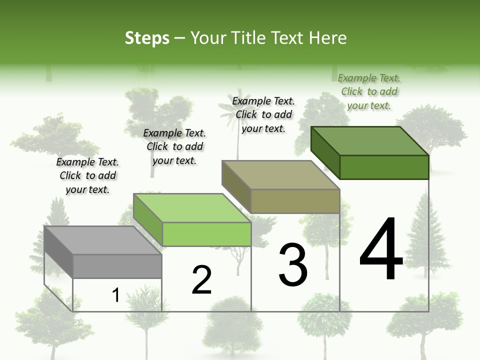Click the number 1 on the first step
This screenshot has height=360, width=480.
[x=116, y=295]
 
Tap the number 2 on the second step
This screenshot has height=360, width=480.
[x=201, y=280]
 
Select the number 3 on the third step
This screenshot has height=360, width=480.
[x=293, y=265]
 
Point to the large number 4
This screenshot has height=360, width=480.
[x=381, y=249]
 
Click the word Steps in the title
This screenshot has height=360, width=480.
[x=147, y=38]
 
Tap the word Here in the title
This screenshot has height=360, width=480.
[x=328, y=38]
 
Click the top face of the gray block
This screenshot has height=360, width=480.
[x=102, y=240]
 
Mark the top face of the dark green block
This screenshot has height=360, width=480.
[x=370, y=141]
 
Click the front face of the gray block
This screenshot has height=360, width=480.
[x=117, y=266]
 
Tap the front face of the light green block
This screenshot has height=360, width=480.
[x=206, y=234]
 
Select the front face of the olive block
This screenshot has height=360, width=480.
[x=295, y=201]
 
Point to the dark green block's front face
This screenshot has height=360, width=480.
[x=384, y=167]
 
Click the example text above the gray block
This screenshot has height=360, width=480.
[x=87, y=176]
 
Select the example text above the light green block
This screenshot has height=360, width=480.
[x=174, y=147]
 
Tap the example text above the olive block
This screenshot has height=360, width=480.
[x=263, y=114]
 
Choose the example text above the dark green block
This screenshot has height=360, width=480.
[x=369, y=91]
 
